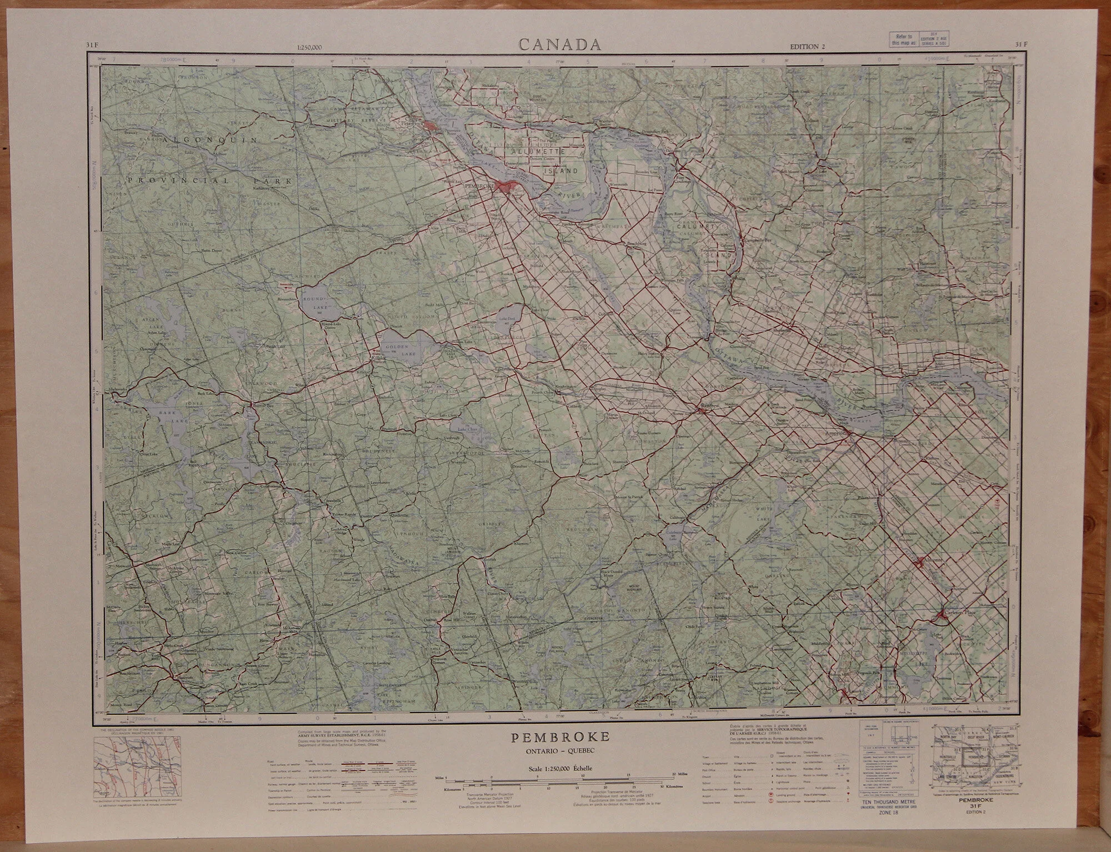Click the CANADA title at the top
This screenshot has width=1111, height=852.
[x=560, y=44]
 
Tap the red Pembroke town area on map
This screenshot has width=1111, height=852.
[x=506, y=188]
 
